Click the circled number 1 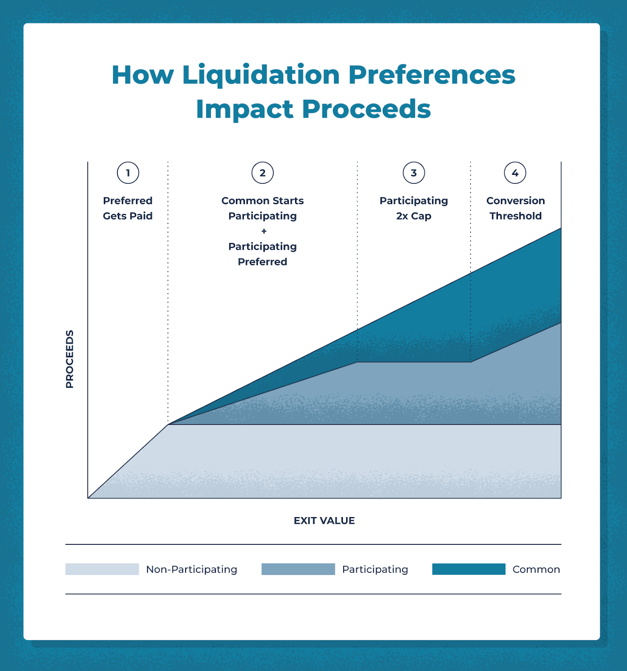coord(128,173)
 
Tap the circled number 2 coord(262,173)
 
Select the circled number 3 coord(414,173)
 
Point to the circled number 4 coord(515,173)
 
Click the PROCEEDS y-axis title coord(70,359)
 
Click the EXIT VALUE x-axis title coord(324,520)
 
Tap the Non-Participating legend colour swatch coord(102,569)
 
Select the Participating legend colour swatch coord(298,569)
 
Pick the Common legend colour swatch coord(469,569)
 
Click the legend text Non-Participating coord(192,569)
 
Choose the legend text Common coord(536,569)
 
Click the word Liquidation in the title coord(261,75)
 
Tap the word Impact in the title coord(244,109)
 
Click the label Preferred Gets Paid coord(128,208)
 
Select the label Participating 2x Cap coord(414,208)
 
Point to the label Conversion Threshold coord(516,208)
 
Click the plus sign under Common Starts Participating coord(264,231)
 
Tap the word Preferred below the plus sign coord(262,262)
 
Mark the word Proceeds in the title coord(366,109)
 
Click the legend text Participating coord(375,569)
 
